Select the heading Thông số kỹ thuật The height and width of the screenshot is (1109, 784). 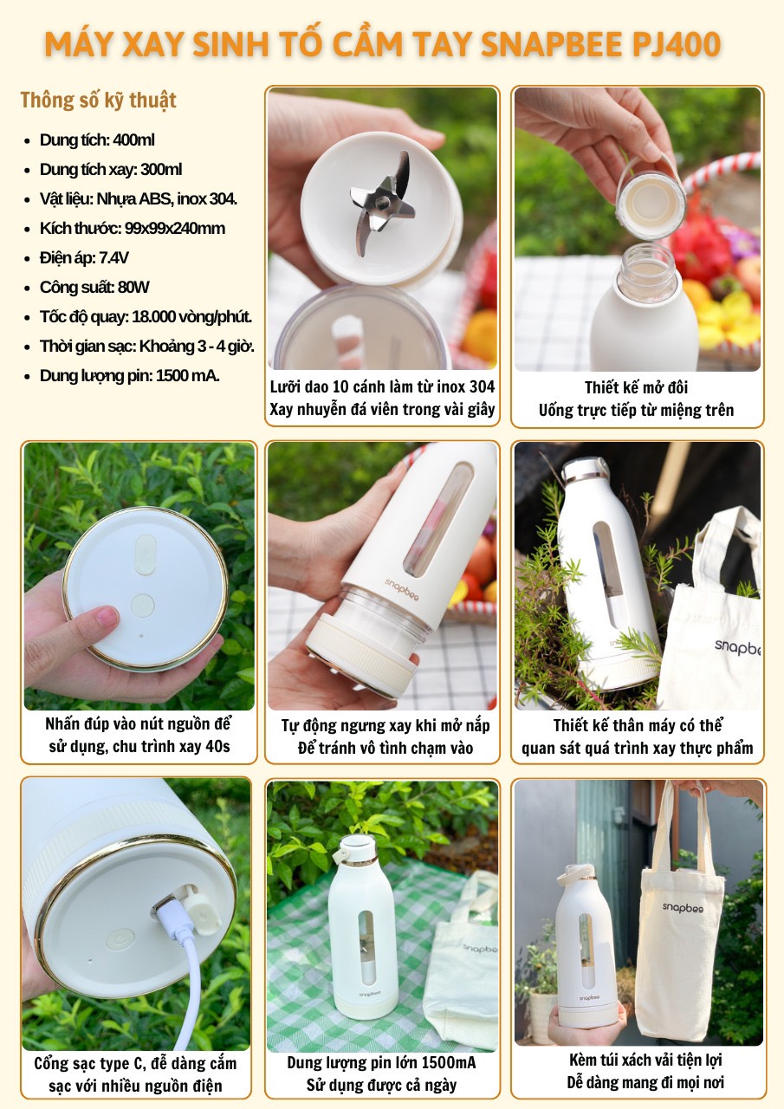pyautogui.click(x=98, y=100)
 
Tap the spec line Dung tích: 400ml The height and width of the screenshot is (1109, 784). pyautogui.click(x=97, y=140)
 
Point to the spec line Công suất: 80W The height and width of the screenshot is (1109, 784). pyautogui.click(x=94, y=287)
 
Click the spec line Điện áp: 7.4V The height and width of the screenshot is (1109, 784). pyautogui.click(x=84, y=258)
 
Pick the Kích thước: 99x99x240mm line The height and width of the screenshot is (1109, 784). pyautogui.click(x=133, y=228)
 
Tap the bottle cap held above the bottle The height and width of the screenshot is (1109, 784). pyautogui.click(x=650, y=194)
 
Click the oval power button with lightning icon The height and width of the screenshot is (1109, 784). pyautogui.click(x=146, y=554)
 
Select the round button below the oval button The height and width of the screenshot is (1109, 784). pyautogui.click(x=143, y=606)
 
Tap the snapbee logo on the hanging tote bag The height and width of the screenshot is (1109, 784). pyautogui.click(x=683, y=907)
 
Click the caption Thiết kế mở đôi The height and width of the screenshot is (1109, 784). pyautogui.click(x=636, y=387)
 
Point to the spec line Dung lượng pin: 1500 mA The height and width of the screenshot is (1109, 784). pyautogui.click(x=130, y=375)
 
